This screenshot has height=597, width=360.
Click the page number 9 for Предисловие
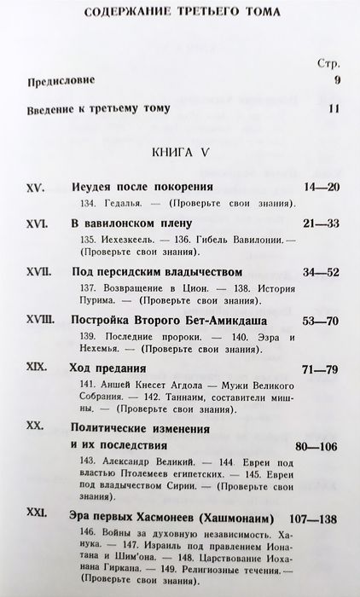click(x=337, y=81)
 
